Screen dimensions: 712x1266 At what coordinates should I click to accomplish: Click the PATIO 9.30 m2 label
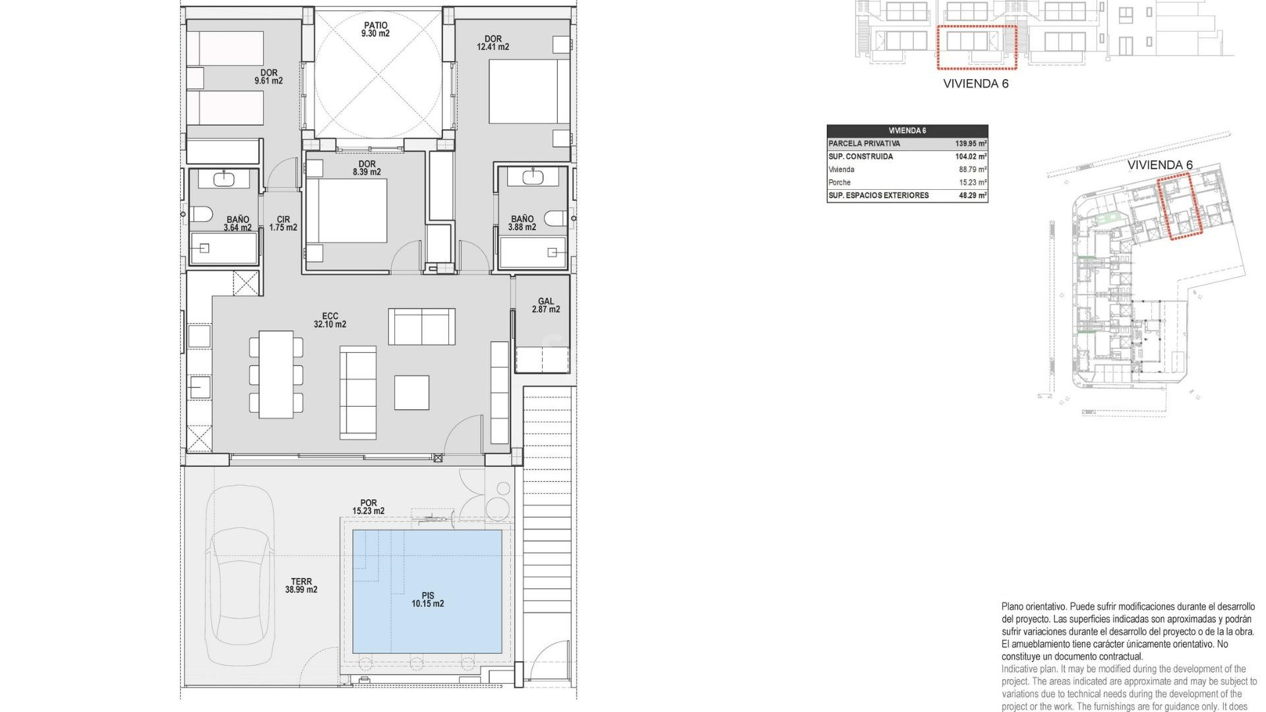pos(375,29)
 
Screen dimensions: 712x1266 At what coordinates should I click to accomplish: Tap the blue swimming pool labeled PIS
pos(427,591)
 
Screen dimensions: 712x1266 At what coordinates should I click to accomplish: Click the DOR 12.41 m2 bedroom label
pos(493,43)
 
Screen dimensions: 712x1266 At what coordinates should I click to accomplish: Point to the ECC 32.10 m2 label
pos(330,320)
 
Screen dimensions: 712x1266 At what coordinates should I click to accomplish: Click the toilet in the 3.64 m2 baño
pos(201,214)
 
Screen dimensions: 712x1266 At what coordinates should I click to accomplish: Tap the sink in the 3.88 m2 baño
pos(531,177)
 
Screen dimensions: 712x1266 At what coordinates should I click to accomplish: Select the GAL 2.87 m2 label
pos(545,305)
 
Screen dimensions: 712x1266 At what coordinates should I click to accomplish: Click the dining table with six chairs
pos(276,374)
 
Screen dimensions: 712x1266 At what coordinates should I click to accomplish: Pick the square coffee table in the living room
pos(411,393)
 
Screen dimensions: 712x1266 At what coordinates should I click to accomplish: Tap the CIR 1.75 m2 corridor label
pos(283,223)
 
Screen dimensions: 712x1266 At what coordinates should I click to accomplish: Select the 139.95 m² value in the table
pos(971,144)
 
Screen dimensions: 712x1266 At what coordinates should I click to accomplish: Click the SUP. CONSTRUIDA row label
pos(860,157)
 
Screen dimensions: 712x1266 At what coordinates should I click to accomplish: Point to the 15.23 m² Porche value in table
pos(973,183)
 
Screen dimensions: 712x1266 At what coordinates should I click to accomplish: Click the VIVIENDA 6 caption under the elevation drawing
pos(975,84)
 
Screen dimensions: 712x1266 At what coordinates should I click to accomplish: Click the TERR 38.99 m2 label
pos(301,585)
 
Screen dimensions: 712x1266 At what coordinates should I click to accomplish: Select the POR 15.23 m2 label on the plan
pos(368,507)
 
